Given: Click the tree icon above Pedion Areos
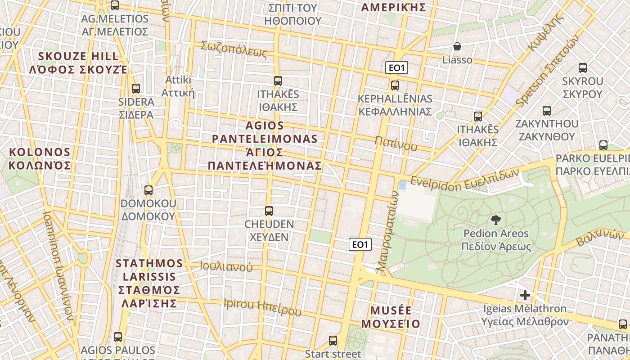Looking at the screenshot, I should point(495,220).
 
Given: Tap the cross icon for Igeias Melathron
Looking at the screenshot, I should point(525,296).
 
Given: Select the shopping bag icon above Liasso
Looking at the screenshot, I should point(457,46).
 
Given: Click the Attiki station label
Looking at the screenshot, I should point(178,86).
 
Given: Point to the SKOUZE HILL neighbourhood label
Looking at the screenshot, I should point(79,63).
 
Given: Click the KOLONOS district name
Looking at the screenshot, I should point(40,158).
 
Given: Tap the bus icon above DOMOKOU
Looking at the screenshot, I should point(148,190).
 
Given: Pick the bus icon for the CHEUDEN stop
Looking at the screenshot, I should point(269,211).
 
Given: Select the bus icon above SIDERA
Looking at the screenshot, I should point(136,89).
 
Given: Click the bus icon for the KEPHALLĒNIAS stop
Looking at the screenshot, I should point(395,85).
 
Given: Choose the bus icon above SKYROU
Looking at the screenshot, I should point(583,68).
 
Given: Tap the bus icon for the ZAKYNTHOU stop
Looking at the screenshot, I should point(547,111).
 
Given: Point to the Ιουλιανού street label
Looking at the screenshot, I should point(226,266).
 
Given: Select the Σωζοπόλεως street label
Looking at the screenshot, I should point(234,49).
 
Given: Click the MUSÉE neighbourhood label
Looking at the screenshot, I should point(391,317).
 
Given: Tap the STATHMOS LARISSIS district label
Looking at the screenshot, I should point(149,283).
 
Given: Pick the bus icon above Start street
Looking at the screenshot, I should point(333,341).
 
